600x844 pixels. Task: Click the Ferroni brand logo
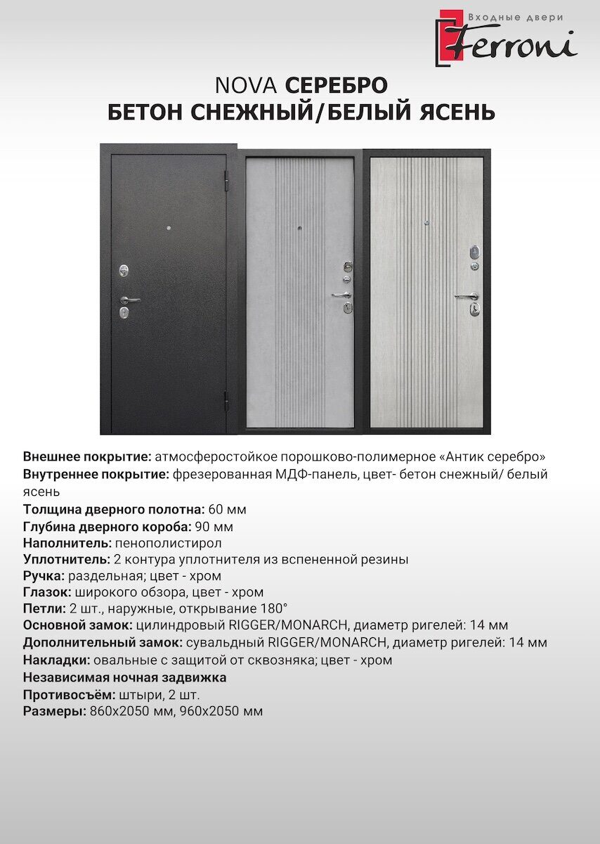506,38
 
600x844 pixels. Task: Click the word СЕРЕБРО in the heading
336,85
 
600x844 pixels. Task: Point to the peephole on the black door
169,229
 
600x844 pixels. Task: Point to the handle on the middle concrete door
342,294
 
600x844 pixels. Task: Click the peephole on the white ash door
426,223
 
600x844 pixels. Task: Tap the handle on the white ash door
467,296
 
